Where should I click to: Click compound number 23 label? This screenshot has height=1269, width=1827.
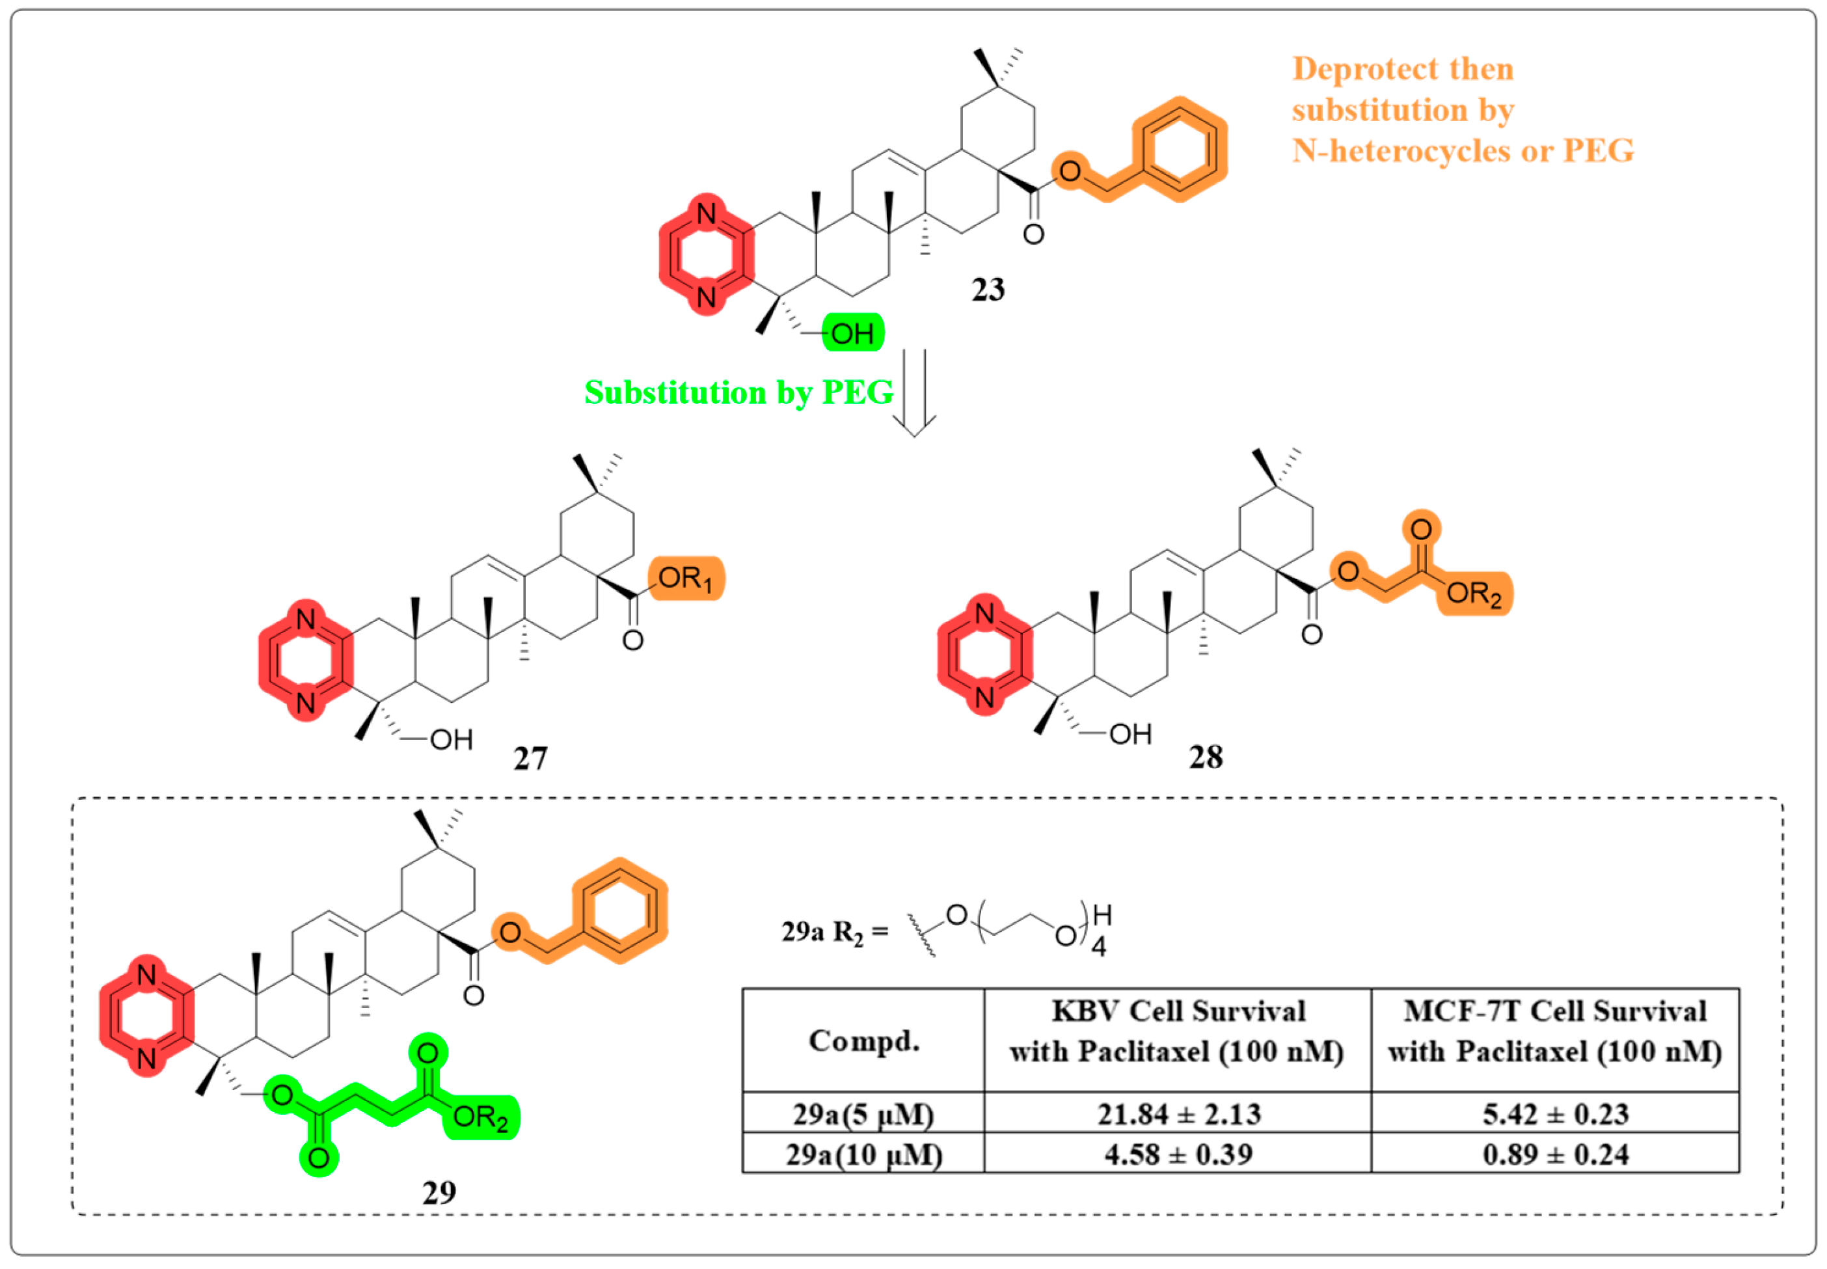(x=988, y=290)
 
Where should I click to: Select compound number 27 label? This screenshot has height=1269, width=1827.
(x=530, y=759)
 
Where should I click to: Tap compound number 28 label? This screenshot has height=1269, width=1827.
(x=1205, y=757)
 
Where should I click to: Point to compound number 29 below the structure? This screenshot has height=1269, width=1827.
(x=439, y=1192)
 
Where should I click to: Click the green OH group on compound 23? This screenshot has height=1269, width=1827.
(x=852, y=333)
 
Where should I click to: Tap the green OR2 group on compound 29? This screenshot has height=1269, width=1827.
(x=480, y=1117)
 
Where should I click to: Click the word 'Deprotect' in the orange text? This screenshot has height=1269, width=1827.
(x=1351, y=69)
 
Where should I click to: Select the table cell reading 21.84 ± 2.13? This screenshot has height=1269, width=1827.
(x=1178, y=1113)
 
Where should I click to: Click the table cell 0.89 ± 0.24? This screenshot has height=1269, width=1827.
(x=1555, y=1154)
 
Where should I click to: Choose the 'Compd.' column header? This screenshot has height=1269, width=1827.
(x=863, y=1040)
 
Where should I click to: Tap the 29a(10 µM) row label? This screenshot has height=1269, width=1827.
(x=863, y=1154)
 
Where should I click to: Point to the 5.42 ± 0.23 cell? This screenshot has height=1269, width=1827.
(x=1555, y=1113)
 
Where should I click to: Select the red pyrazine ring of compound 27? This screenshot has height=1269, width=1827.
(x=305, y=661)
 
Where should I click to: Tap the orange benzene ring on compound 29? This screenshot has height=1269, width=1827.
(x=619, y=910)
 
